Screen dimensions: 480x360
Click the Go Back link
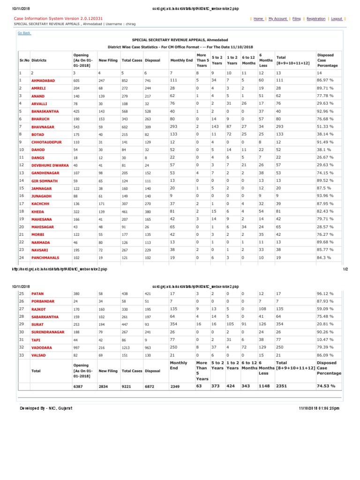click(x=24, y=33)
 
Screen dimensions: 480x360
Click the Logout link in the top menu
click(x=336, y=19)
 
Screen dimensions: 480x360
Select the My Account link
click(x=277, y=19)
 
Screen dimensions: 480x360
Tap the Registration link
click(x=315, y=19)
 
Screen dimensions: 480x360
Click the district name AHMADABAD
click(x=43, y=81)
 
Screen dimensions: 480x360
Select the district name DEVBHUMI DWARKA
click(x=50, y=165)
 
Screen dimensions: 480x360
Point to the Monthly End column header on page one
click(x=181, y=60)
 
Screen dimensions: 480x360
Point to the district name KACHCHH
click(x=41, y=204)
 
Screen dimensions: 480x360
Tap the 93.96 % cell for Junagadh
click(x=325, y=196)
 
